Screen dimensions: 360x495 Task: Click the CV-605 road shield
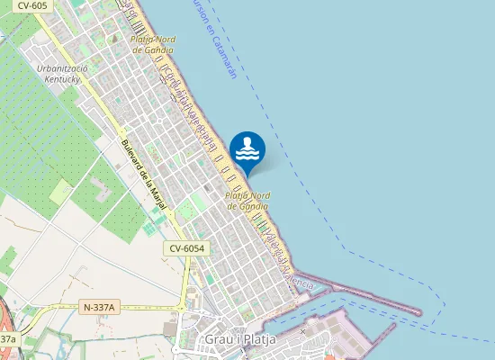32,5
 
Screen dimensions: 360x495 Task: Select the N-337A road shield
99,307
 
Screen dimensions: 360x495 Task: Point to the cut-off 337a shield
7,338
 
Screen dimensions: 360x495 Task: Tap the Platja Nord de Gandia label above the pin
153,45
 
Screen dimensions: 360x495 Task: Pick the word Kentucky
62,78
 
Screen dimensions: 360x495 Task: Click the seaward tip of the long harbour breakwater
418,312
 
